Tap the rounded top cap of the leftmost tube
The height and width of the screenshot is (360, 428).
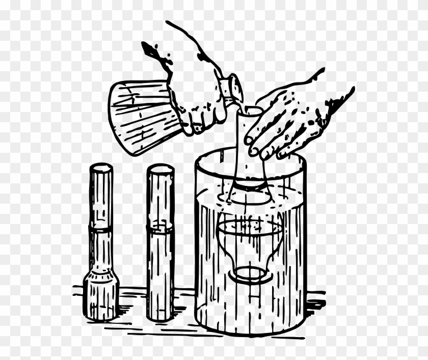point(101,169)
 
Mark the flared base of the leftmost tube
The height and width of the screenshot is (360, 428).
point(101,295)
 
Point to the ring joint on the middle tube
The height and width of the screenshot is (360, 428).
point(160,229)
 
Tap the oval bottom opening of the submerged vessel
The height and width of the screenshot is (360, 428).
point(250,274)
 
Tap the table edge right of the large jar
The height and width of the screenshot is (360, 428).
point(316,300)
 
